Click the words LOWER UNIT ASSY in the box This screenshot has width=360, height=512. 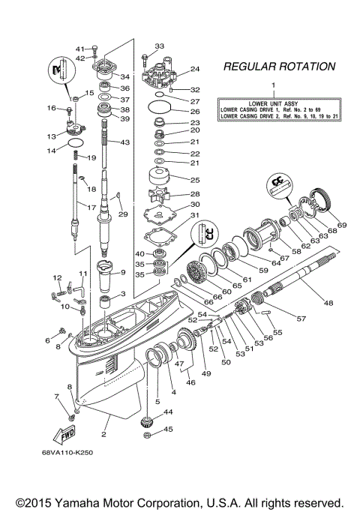click(274, 102)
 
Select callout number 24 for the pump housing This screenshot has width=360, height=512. click(195, 69)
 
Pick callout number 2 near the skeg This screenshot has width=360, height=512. click(104, 434)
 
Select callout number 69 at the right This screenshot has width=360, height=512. click(342, 224)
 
